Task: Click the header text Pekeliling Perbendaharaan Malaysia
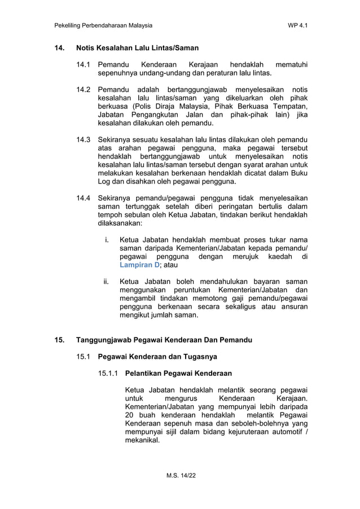(103, 25)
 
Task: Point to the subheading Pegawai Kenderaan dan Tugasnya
(157, 357)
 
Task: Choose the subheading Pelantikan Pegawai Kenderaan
(178, 373)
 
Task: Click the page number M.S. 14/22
(180, 477)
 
